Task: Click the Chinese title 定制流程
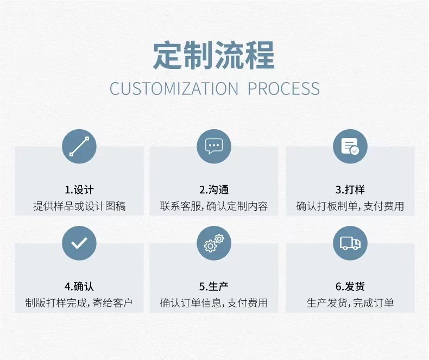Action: click(214, 55)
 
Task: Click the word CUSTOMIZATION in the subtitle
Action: click(174, 89)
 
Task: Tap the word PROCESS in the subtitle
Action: click(283, 89)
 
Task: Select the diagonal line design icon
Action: click(79, 147)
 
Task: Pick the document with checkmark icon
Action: click(350, 147)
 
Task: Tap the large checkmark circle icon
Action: click(79, 243)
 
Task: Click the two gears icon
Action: click(214, 243)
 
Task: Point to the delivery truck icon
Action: click(350, 243)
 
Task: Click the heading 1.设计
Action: click(79, 190)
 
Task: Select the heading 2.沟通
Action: click(214, 190)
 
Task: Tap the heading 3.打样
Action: click(350, 190)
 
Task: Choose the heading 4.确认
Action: click(79, 287)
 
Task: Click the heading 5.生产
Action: click(214, 287)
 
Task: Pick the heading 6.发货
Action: click(350, 287)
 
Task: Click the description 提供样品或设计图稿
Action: click(79, 206)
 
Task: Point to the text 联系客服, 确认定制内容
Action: click(214, 206)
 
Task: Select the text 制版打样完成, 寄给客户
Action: click(79, 303)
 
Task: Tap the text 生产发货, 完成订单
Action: click(350, 303)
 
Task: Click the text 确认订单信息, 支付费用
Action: click(214, 303)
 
